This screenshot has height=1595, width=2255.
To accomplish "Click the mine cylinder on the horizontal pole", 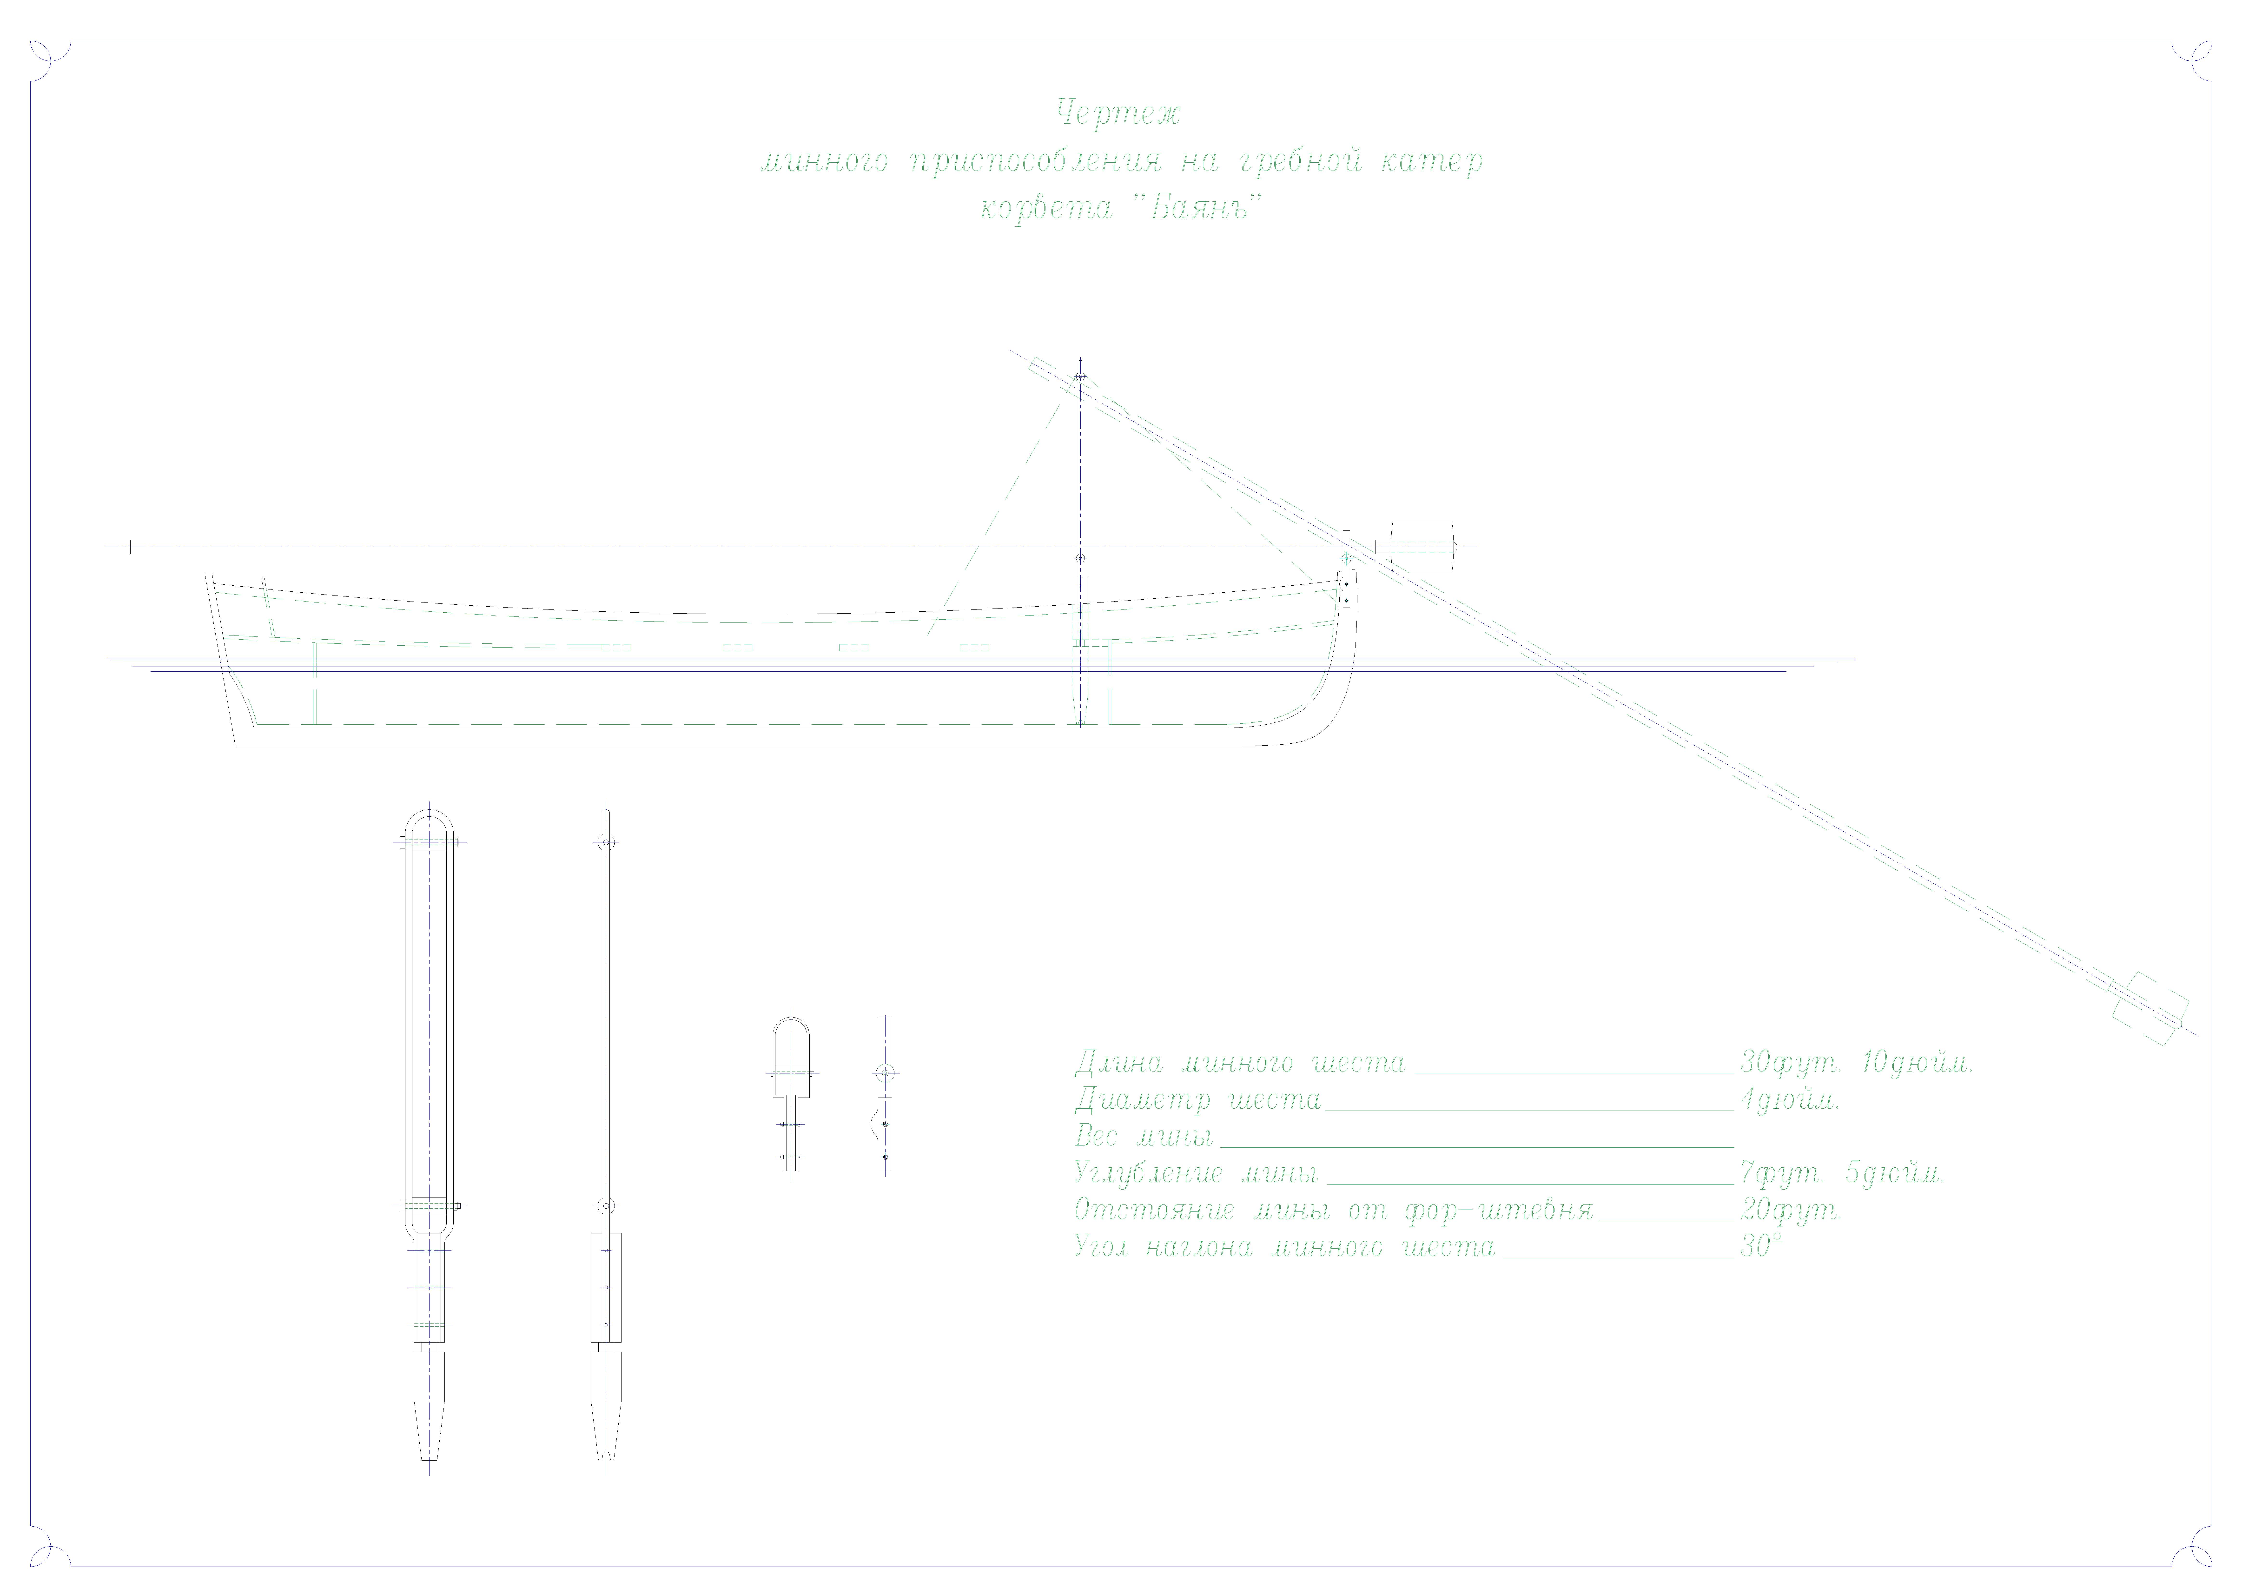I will pyautogui.click(x=1421, y=546).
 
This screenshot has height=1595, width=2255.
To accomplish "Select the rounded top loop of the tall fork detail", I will pyautogui.click(x=429, y=823).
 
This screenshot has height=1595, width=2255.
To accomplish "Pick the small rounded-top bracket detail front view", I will pyautogui.click(x=791, y=1061).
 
